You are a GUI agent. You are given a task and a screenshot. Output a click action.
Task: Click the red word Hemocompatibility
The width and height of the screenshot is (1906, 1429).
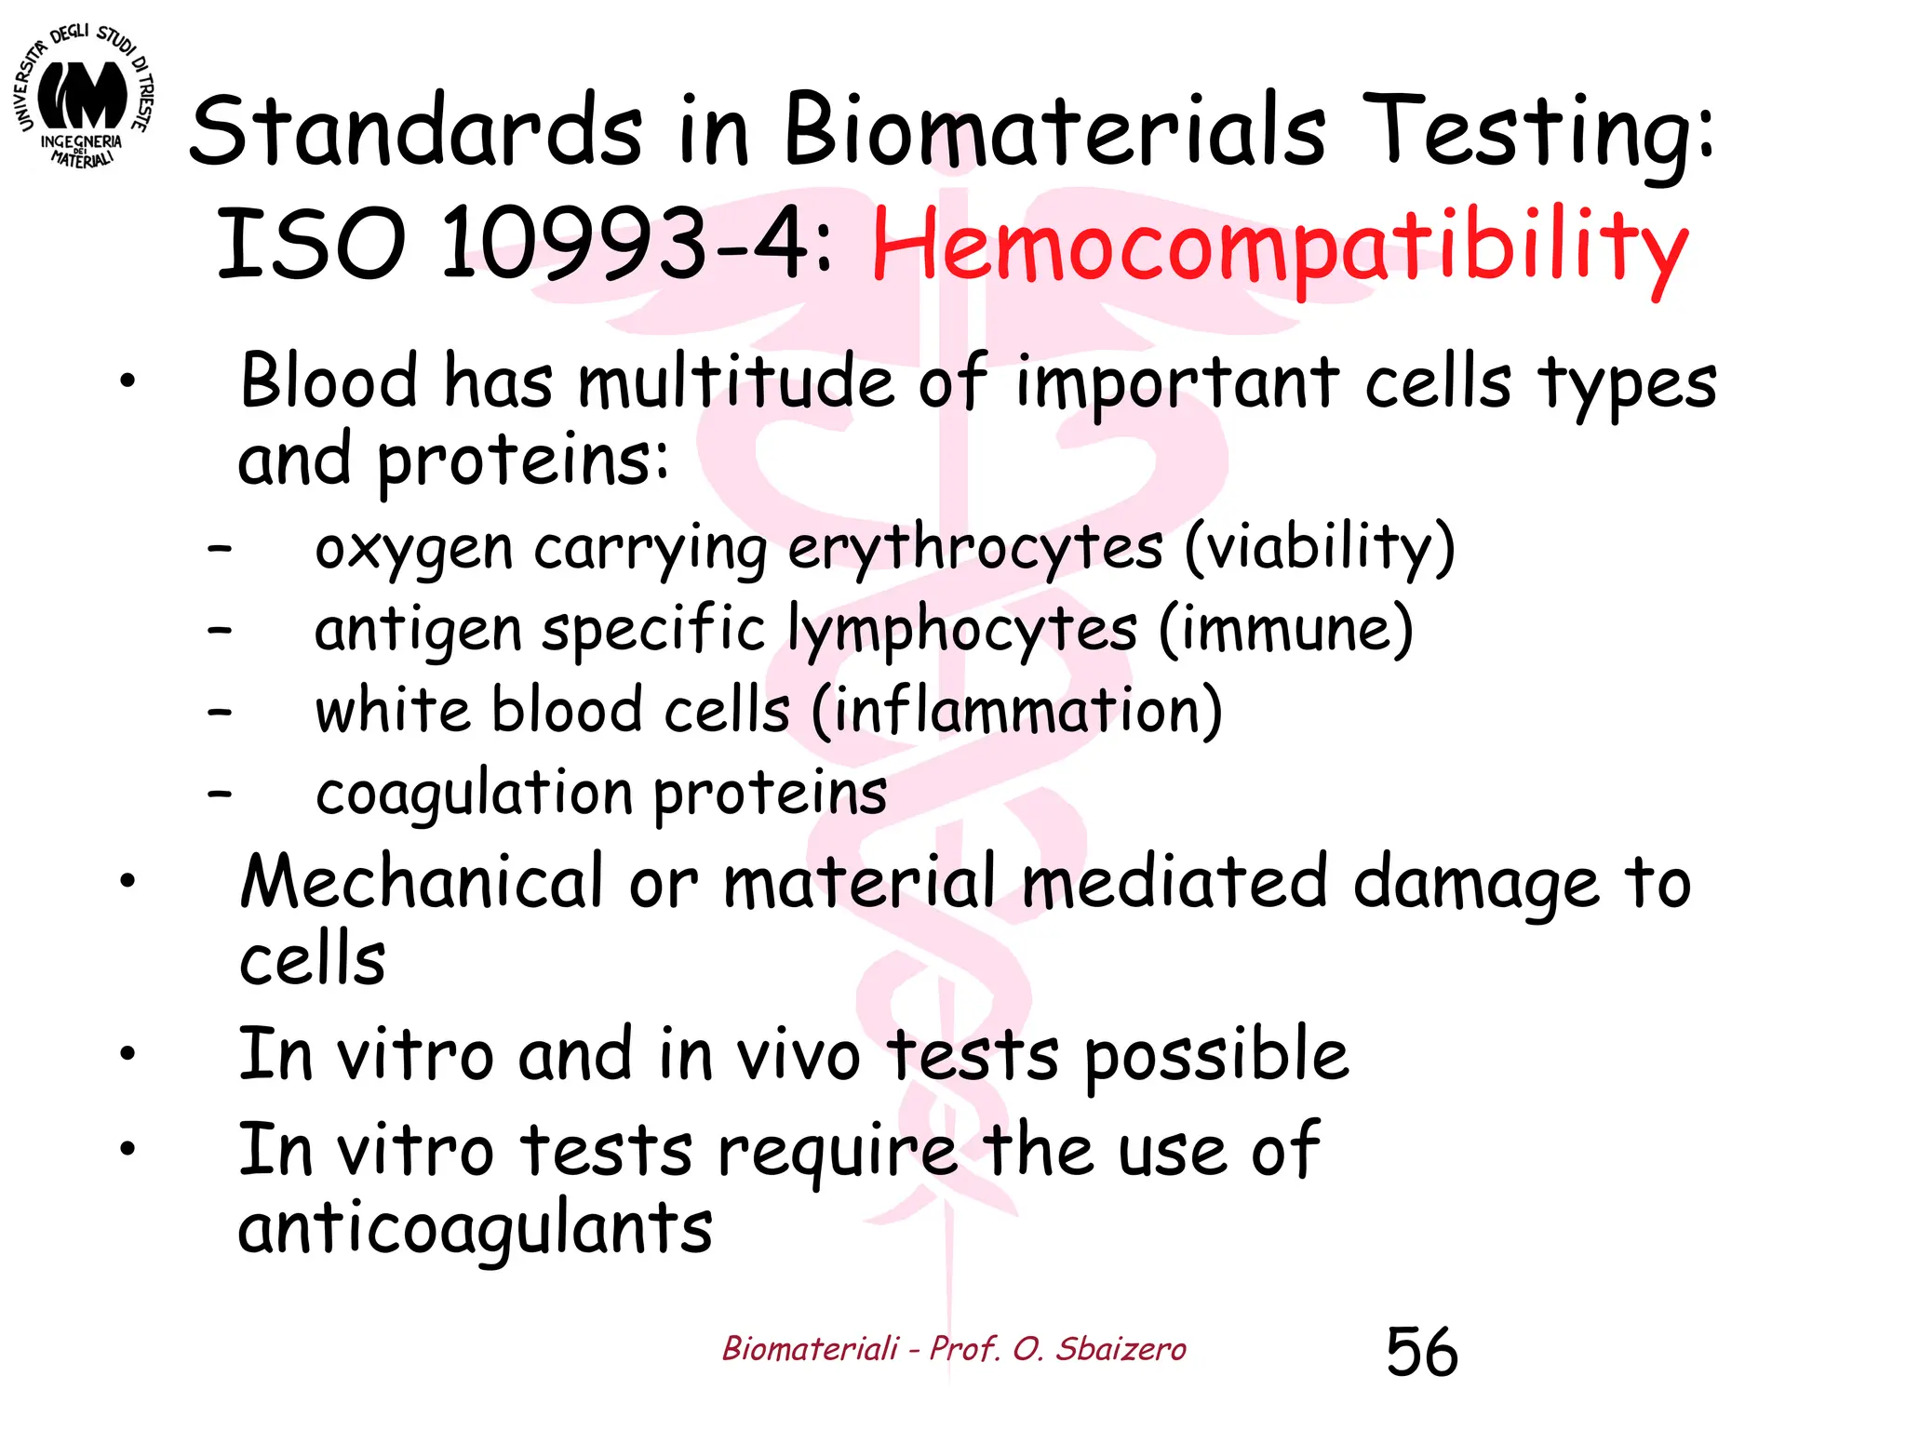[1279, 247]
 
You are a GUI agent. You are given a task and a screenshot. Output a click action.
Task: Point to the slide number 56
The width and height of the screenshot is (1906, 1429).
[1421, 1351]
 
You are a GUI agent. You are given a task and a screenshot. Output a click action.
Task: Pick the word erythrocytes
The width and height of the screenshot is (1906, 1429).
[974, 548]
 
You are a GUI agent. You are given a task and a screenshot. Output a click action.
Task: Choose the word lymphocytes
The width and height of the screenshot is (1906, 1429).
[961, 630]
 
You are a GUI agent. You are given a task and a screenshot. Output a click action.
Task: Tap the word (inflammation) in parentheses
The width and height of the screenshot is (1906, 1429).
[1016, 711]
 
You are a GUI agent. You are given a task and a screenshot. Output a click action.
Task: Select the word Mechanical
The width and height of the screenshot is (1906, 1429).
[422, 881]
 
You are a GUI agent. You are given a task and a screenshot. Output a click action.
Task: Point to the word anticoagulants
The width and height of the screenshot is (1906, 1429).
[475, 1228]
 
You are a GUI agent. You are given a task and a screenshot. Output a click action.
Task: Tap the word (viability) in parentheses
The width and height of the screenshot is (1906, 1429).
[1319, 548]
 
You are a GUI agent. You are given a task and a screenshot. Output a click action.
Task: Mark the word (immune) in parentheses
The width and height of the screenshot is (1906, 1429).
[1285, 630]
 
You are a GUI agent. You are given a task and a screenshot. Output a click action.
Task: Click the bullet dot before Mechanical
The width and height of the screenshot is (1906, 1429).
[128, 880]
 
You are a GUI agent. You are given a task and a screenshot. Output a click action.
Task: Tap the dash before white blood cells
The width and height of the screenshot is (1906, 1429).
[220, 713]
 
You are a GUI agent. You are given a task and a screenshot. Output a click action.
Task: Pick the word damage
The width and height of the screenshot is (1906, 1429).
[1476, 884]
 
